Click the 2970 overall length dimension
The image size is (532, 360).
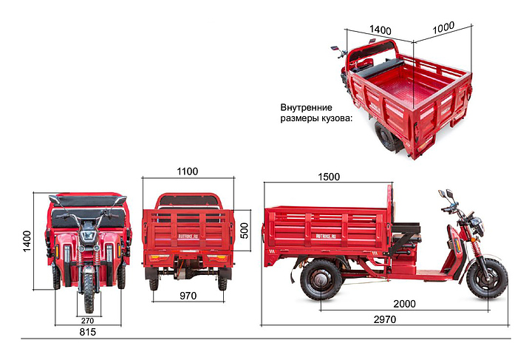click(385, 319)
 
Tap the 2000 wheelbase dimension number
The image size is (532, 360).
click(404, 304)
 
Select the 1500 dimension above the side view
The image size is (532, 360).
click(329, 177)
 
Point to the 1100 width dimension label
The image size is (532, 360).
click(187, 171)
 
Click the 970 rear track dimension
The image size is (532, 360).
click(188, 296)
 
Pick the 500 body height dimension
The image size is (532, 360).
click(244, 231)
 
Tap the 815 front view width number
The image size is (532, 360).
click(87, 332)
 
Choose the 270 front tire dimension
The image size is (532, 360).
click(87, 321)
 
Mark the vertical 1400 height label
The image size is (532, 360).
click(27, 241)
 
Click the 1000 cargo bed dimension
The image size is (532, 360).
click(443, 28)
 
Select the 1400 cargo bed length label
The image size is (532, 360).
click(380, 30)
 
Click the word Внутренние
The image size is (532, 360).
click(306, 108)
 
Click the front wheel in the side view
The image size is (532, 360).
click(487, 279)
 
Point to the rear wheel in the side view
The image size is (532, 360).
click(321, 279)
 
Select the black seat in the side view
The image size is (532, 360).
click(406, 228)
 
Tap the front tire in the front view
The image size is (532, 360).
click(89, 293)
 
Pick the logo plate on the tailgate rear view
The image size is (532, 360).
click(188, 236)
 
